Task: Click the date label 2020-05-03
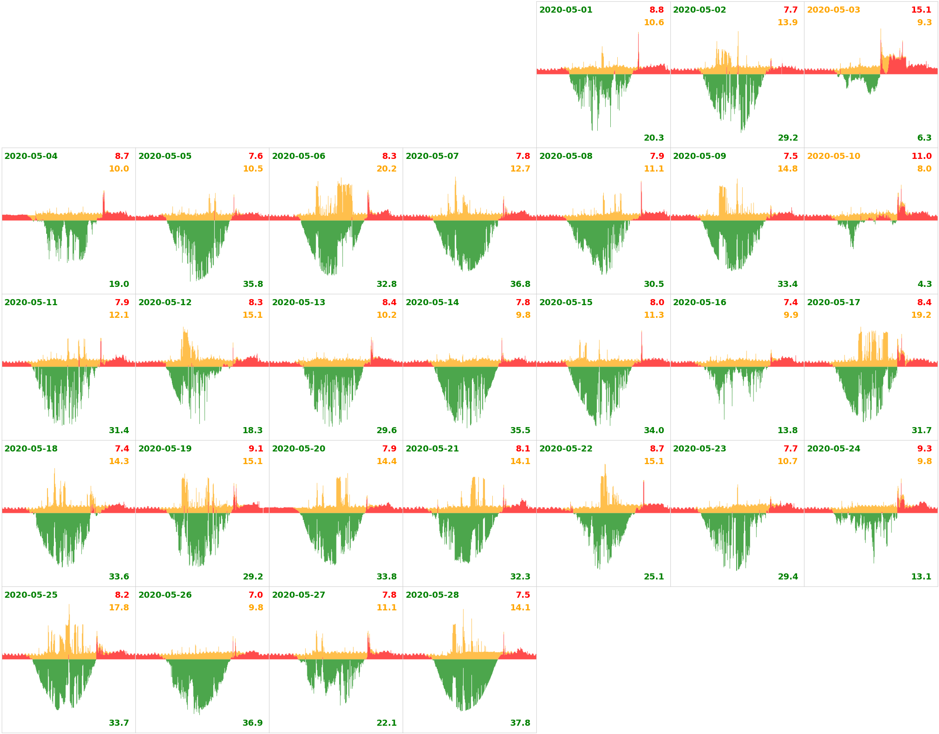point(833,10)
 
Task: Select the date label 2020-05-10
point(833,156)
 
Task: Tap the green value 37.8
point(520,723)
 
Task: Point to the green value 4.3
point(924,284)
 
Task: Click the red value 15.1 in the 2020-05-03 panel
point(921,10)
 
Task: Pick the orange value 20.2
point(387,168)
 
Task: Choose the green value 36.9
point(252,723)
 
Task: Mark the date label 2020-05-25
point(31,595)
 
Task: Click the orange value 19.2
point(921,315)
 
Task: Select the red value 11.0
point(922,156)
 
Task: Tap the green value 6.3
point(924,138)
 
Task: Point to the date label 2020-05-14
point(432,302)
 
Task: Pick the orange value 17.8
point(119,607)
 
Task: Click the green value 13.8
point(788,430)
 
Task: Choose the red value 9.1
point(256,448)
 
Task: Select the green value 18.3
point(252,430)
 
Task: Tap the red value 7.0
point(256,595)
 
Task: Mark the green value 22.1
point(387,723)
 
